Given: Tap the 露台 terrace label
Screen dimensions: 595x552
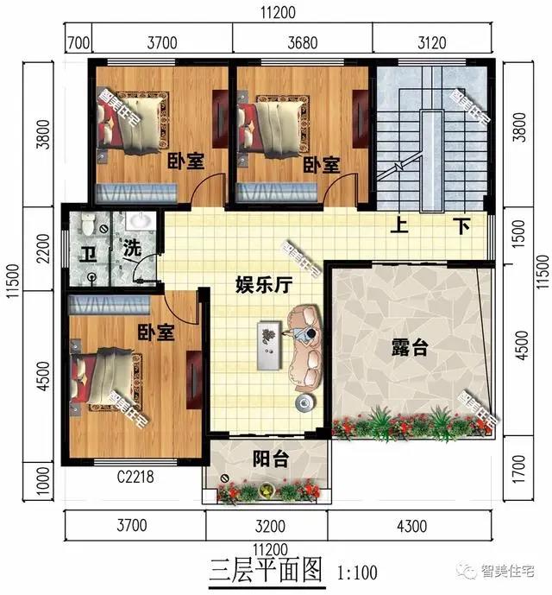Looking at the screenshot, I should (410, 348).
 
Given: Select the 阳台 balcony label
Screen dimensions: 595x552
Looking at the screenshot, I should (271, 459).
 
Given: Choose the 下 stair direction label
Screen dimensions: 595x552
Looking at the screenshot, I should (462, 226).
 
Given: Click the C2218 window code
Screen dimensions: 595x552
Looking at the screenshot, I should (135, 474).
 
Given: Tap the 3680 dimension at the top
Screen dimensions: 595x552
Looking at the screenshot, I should (303, 40).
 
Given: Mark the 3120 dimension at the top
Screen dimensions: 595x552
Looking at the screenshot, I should (434, 40).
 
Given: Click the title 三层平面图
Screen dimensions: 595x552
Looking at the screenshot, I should (266, 569).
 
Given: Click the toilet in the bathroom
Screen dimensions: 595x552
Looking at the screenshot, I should (86, 225).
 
